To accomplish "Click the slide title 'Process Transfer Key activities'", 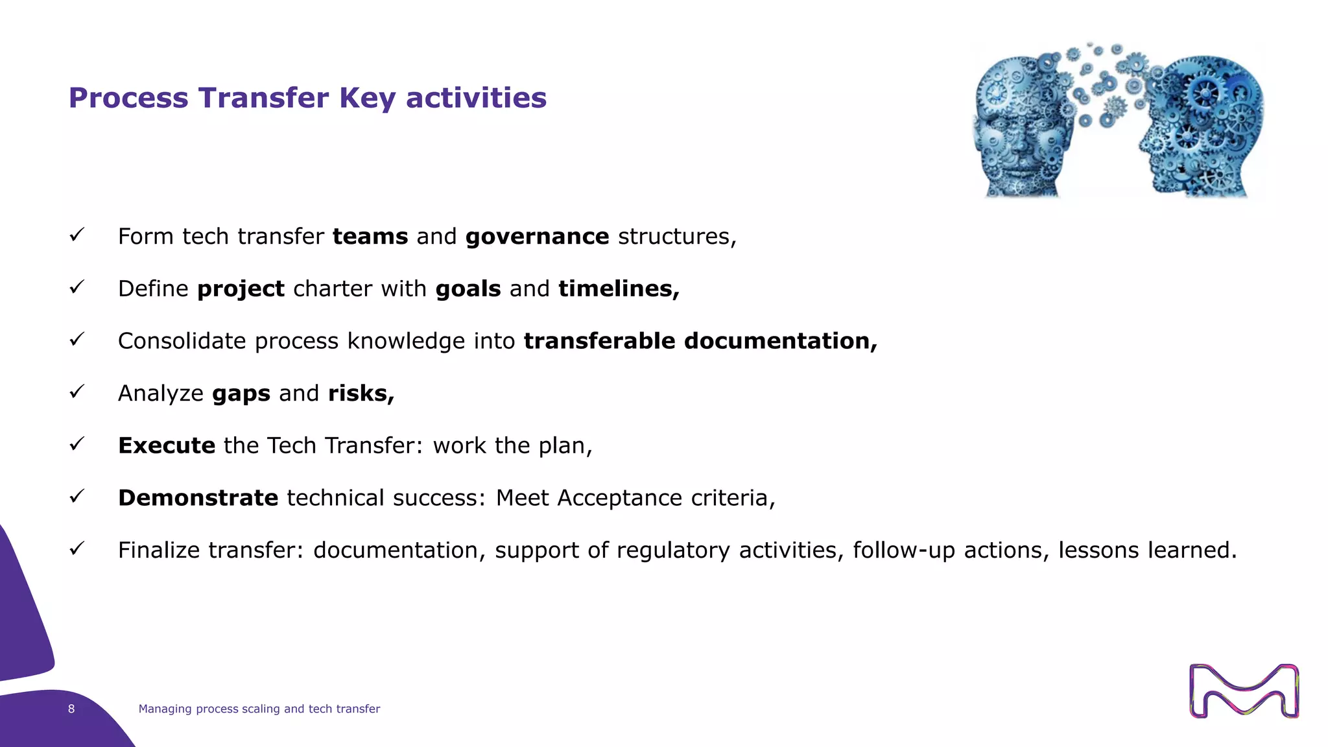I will (307, 98).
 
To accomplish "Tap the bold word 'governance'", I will (537, 237).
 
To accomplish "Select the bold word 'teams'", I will (370, 237).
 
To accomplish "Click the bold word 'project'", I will (241, 289).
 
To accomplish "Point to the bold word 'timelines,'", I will (619, 289).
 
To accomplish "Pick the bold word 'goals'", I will (468, 289).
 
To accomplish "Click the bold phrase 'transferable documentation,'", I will (700, 341).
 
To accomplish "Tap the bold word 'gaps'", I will (241, 394).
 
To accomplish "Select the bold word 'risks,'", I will (361, 394).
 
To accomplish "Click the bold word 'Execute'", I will (167, 445).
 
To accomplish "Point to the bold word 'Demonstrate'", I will (198, 498).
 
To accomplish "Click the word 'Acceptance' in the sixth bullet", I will (619, 498).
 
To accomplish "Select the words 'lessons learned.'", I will (1147, 551).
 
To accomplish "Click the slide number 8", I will (71, 709).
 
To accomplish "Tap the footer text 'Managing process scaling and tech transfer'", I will (259, 709).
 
